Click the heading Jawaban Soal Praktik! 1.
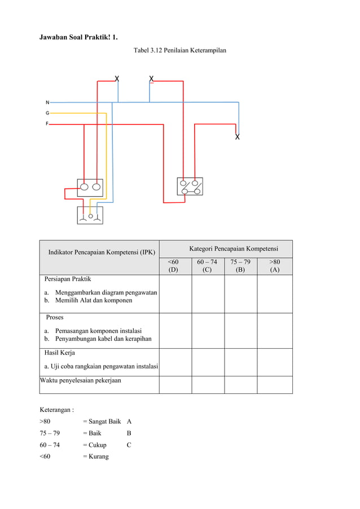pos(78,37)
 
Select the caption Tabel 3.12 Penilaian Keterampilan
pos(180,51)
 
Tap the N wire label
pos(47,102)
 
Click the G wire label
pos(47,113)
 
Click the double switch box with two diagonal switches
pos(190,187)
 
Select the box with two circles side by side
pos(90,187)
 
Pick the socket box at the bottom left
pos(90,215)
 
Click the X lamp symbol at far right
pos(237,137)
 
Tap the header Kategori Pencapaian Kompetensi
pos(234,248)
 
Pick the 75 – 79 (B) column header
pos(240,266)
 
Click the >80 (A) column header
pos(274,266)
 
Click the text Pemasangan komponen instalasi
pos(98,330)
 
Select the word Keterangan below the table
pos(56,409)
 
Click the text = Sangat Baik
pos(102,421)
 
